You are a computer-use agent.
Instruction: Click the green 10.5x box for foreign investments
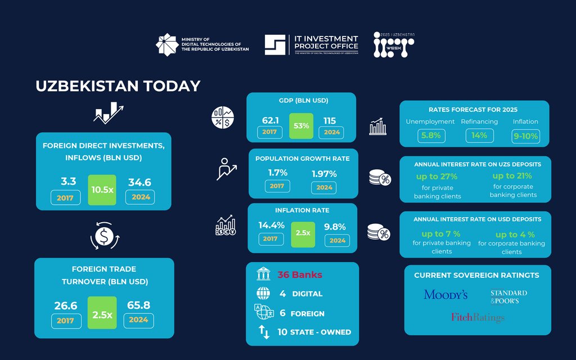point(102,190)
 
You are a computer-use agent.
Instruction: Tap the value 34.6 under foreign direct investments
point(139,182)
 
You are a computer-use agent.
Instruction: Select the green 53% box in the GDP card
point(301,126)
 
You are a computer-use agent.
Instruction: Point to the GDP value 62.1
point(270,120)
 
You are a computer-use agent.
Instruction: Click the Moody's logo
point(446,295)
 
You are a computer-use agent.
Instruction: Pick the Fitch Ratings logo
point(478,318)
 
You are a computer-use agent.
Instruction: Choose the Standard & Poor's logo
point(508,296)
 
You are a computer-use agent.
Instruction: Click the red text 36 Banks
point(300,275)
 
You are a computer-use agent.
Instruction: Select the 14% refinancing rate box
point(479,136)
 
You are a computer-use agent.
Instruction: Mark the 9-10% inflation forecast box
point(525,136)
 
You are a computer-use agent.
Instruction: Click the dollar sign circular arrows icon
point(103,237)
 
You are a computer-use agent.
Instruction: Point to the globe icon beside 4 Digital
point(263,294)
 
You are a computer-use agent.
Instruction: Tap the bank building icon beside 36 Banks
point(263,275)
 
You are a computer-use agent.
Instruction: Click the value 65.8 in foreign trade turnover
point(138,305)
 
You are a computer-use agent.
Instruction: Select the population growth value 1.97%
point(323,173)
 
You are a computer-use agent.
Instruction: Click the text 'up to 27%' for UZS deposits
point(437,177)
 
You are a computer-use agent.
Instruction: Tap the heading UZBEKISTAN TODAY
point(118,86)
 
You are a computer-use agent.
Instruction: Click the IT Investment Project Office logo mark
point(276,45)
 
